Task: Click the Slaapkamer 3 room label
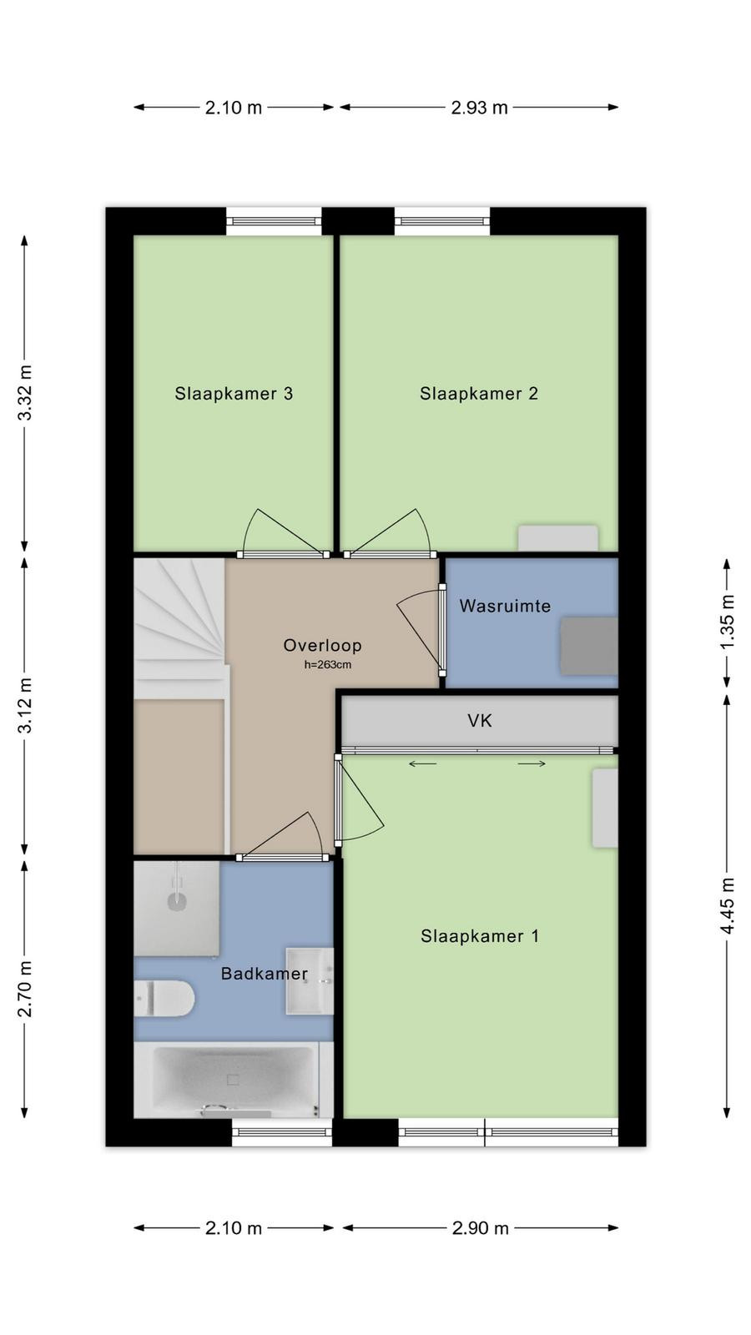coord(234,393)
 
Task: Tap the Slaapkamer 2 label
coord(479,393)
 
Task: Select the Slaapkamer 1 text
coord(480,936)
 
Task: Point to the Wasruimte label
coord(505,606)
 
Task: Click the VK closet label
coord(480,721)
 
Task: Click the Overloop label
coord(322,645)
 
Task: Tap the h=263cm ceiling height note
coord(328,664)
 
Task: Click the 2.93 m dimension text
coord(479,108)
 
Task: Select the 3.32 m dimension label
coord(25,393)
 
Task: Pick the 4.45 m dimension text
coord(727,906)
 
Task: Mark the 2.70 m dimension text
coord(25,989)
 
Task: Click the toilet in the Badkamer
coord(164,998)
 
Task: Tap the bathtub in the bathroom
coord(234,1080)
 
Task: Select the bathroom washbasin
coord(310,981)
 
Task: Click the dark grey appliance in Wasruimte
coord(589,647)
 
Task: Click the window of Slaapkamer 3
coord(275,222)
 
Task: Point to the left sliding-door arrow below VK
coord(422,763)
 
